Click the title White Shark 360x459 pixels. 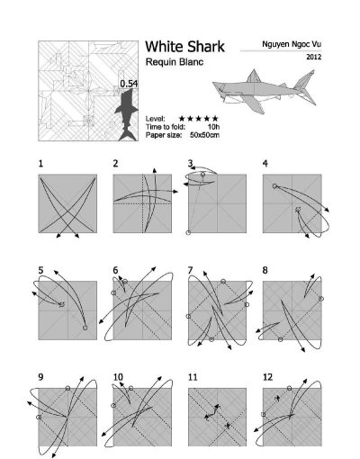coord(184,47)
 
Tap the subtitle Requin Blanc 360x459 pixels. coord(175,62)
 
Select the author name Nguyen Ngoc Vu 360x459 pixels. coord(292,44)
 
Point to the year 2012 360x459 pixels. coord(313,57)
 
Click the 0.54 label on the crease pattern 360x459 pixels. coord(129,84)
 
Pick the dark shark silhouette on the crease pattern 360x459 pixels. coord(127,115)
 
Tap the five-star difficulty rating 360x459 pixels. coord(198,119)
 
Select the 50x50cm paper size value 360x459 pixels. coord(204,135)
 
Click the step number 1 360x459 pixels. coord(40,164)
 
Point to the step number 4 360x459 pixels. coord(265,164)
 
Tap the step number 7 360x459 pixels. coord(190,271)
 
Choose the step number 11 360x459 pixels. coord(193,377)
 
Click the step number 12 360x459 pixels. coord(267,377)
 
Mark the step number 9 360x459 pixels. coord(40,377)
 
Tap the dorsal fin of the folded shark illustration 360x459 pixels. coord(254,76)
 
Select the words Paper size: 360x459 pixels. coord(164,135)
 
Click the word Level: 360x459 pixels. coord(156,119)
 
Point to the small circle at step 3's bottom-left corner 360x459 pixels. coord(188,232)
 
